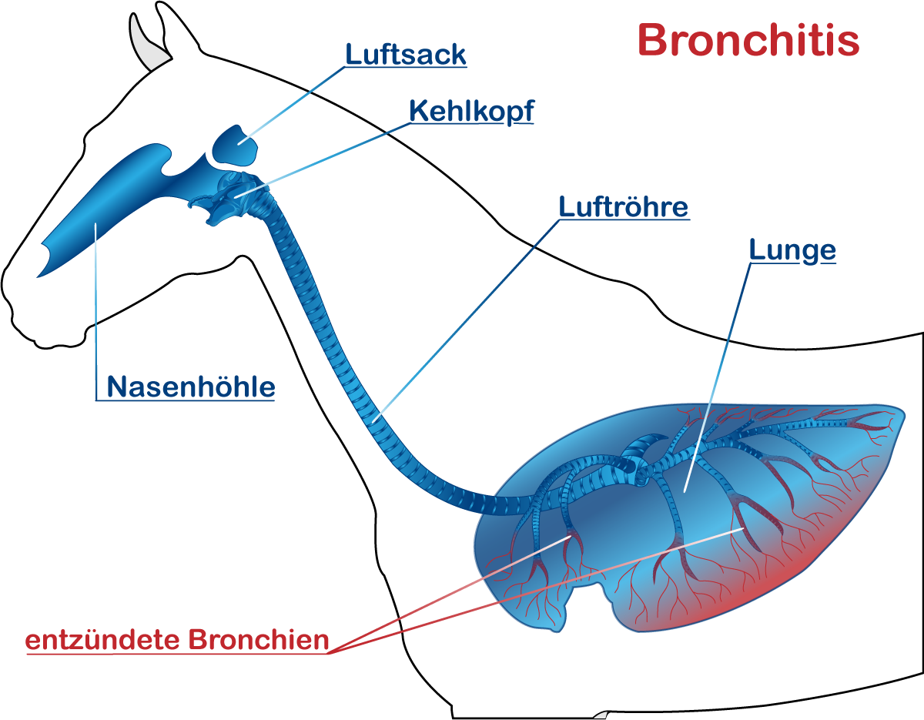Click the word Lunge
click(x=792, y=251)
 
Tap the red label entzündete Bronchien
click(x=177, y=641)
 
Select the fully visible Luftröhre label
click(x=623, y=207)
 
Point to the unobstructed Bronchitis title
click(x=748, y=40)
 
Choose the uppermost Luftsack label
click(x=405, y=55)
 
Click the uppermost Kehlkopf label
click(x=471, y=112)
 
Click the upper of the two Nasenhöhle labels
click(x=190, y=387)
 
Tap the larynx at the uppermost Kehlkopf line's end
click(x=235, y=196)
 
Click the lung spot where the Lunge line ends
click(x=684, y=491)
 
